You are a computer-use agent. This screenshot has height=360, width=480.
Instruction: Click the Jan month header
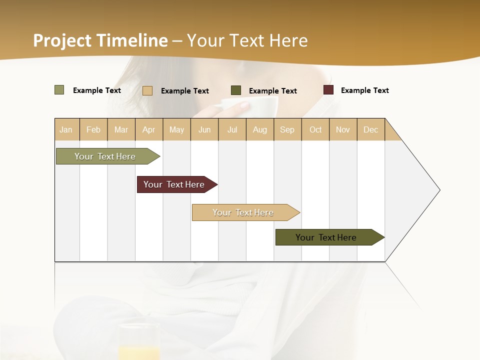[66, 129]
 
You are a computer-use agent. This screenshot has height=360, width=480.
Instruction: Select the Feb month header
[93, 129]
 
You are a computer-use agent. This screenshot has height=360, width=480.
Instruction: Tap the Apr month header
[148, 129]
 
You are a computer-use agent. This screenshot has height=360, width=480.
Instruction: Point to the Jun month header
[204, 129]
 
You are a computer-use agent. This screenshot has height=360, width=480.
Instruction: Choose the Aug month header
[259, 129]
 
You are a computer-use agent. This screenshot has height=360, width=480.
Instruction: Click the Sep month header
[287, 129]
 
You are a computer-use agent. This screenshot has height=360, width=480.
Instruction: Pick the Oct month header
[315, 129]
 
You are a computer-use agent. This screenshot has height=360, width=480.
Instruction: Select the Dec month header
[370, 129]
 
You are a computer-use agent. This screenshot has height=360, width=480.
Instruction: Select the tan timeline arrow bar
[243, 212]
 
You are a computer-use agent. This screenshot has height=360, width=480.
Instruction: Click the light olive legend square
[59, 90]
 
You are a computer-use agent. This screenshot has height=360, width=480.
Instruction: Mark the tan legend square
[147, 90]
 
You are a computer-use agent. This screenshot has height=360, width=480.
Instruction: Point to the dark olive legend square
[236, 90]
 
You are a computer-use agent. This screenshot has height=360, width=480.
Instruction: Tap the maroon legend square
[328, 90]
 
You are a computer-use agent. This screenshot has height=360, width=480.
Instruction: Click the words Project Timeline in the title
[100, 40]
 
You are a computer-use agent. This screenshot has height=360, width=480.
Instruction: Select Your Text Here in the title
[247, 40]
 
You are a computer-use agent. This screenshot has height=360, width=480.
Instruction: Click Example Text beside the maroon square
[364, 90]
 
